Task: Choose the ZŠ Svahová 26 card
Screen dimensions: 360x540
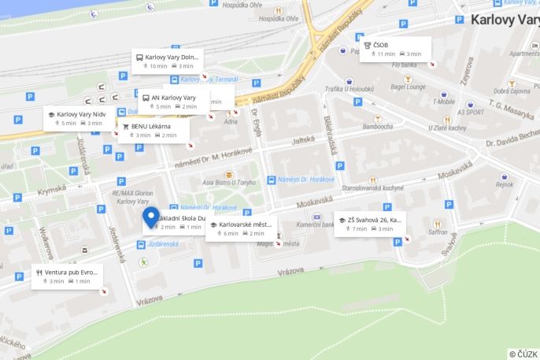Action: tap(370, 224)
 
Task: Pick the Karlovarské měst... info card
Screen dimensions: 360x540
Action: tap(242, 228)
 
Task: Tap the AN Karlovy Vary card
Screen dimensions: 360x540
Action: tap(174, 102)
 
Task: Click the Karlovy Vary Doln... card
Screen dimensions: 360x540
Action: tap(167, 61)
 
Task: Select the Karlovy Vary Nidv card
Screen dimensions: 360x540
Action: tap(81, 118)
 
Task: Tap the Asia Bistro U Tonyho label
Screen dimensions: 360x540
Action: tap(229, 182)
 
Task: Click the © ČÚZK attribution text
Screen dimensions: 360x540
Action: tap(523, 354)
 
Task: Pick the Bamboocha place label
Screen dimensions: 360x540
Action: tap(367, 126)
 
